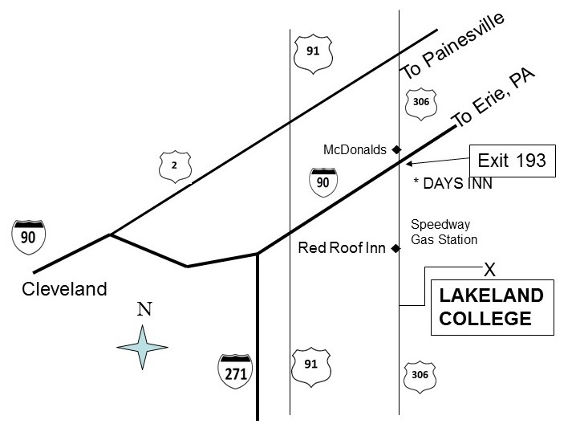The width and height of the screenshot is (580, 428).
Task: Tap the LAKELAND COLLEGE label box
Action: point(491,307)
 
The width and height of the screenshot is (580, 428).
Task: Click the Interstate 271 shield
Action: point(236,370)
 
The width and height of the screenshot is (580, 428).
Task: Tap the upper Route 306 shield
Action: point(422,103)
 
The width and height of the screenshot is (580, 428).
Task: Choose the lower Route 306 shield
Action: point(420,373)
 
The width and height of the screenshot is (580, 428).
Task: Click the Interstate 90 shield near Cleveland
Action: point(30,235)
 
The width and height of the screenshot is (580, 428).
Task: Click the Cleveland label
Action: point(64,288)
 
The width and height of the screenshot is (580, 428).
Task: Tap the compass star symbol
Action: point(142,347)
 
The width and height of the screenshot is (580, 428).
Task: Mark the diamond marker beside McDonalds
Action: point(396,149)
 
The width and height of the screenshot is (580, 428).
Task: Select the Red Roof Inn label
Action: point(343,248)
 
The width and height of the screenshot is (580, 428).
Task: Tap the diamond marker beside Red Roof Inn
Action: point(395,249)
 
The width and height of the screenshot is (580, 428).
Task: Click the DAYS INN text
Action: point(452,184)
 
